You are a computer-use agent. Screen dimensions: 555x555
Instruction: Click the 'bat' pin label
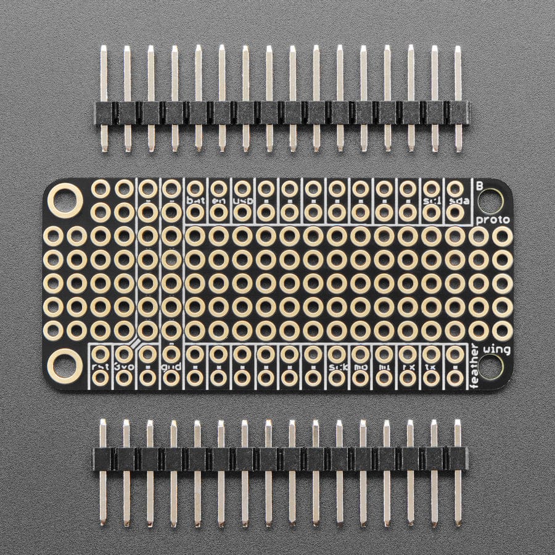click(x=195, y=201)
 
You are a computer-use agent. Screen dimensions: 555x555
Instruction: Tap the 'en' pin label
click(x=218, y=201)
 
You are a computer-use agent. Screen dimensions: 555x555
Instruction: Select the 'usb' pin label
click(x=242, y=201)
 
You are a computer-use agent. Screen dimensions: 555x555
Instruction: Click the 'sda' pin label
click(x=455, y=201)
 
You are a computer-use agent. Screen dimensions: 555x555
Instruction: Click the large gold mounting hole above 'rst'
click(x=65, y=364)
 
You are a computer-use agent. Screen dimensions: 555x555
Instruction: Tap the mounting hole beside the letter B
click(x=494, y=200)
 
